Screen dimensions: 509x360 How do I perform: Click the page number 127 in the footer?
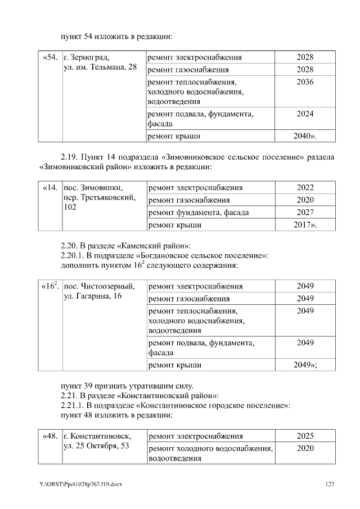click(x=330, y=484)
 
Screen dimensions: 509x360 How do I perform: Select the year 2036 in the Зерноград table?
click(x=304, y=82)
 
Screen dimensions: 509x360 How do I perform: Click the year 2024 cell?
click(x=304, y=114)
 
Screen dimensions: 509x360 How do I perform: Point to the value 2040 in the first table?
click(x=303, y=136)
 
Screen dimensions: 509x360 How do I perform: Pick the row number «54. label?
click(x=51, y=57)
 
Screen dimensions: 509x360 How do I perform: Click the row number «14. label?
click(x=51, y=188)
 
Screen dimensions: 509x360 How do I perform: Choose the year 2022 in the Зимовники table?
click(x=304, y=188)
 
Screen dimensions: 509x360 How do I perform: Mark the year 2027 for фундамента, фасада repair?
click(x=304, y=213)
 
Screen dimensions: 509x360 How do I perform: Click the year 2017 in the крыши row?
click(x=303, y=226)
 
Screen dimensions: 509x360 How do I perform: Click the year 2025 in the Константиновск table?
click(x=304, y=436)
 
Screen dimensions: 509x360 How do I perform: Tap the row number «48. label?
click(x=51, y=436)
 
